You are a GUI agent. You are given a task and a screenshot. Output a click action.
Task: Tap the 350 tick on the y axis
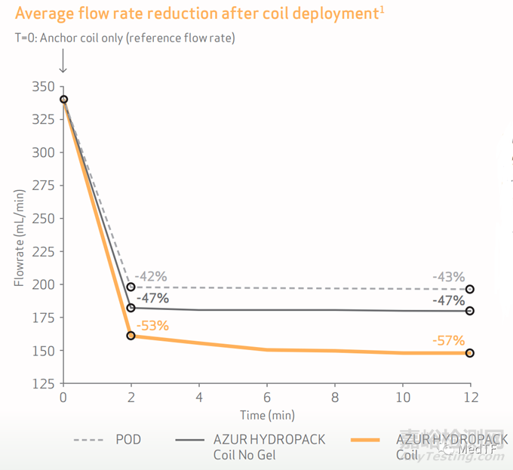point(44,86)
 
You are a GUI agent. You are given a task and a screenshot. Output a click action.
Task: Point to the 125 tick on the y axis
point(44,382)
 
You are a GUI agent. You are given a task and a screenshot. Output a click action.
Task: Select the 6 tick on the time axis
point(266,397)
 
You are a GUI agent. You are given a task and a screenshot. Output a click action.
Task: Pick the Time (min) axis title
point(266,415)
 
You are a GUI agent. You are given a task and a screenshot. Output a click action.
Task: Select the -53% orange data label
point(152,326)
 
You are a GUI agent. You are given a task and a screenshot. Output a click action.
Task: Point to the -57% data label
point(448,340)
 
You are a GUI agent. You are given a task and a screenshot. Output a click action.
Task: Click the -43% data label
point(448,277)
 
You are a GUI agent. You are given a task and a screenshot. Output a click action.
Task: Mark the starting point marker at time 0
point(63,100)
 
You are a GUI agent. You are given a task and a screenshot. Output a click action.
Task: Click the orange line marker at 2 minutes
point(131,335)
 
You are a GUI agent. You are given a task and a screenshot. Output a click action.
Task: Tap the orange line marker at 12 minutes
point(469,352)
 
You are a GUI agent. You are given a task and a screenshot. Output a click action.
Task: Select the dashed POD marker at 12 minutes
point(469,289)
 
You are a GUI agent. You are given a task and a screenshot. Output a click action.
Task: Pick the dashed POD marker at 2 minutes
point(131,287)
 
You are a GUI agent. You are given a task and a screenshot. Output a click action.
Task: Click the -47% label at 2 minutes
point(153,298)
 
